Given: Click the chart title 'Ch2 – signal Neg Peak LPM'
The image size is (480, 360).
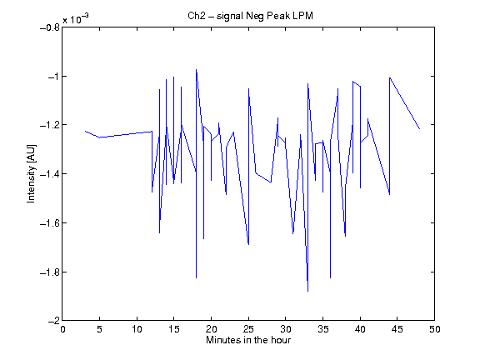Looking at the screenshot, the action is click(250, 16).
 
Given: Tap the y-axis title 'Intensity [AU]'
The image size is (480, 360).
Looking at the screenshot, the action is click(31, 173).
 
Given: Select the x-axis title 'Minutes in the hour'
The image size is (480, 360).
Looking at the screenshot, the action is click(248, 340).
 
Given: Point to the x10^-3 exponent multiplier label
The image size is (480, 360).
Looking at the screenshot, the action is click(76, 18).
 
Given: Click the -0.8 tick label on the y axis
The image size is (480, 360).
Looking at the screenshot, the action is click(50, 27).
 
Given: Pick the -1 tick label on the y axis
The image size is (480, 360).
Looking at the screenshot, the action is click(54, 76).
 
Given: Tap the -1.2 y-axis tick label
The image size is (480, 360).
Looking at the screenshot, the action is click(50, 125).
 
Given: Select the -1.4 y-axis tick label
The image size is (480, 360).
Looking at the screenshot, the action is click(50, 174).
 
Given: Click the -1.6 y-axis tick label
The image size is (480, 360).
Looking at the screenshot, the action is click(50, 222).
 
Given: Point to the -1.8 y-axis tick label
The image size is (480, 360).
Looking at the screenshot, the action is click(50, 272).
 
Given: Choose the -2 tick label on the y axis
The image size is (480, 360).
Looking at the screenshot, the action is click(54, 321).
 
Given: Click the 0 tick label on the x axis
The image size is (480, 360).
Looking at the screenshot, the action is click(62, 329).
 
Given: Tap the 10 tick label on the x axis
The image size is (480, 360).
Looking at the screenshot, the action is click(137, 329).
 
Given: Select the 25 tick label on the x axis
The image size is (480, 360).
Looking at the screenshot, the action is click(248, 329).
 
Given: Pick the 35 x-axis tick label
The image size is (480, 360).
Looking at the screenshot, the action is click(322, 329).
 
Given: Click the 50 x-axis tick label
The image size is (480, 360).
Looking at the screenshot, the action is click(434, 329).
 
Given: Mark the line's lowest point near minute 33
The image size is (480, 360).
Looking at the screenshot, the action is click(308, 292).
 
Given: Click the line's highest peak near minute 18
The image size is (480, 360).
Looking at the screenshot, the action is click(196, 69).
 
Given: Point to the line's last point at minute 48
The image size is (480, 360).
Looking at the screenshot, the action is click(419, 129).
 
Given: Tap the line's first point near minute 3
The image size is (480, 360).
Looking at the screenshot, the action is click(85, 131).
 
